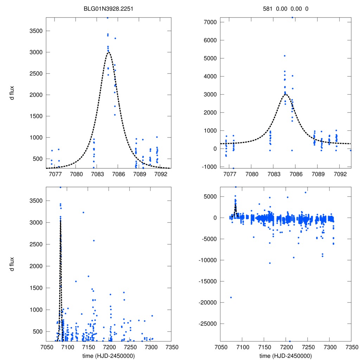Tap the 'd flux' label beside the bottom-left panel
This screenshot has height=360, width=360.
(x=12, y=264)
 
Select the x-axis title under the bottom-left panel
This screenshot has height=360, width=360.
(x=108, y=355)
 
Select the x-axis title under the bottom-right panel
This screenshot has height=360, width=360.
(x=285, y=355)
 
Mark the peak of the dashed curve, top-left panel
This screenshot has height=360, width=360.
(x=108, y=52)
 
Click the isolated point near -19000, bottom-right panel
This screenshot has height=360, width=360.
(x=231, y=297)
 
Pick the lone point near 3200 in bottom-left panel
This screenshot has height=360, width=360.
(x=83, y=212)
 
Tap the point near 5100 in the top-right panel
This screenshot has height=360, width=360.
(x=284, y=56)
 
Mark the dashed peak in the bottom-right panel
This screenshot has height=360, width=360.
(x=236, y=205)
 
